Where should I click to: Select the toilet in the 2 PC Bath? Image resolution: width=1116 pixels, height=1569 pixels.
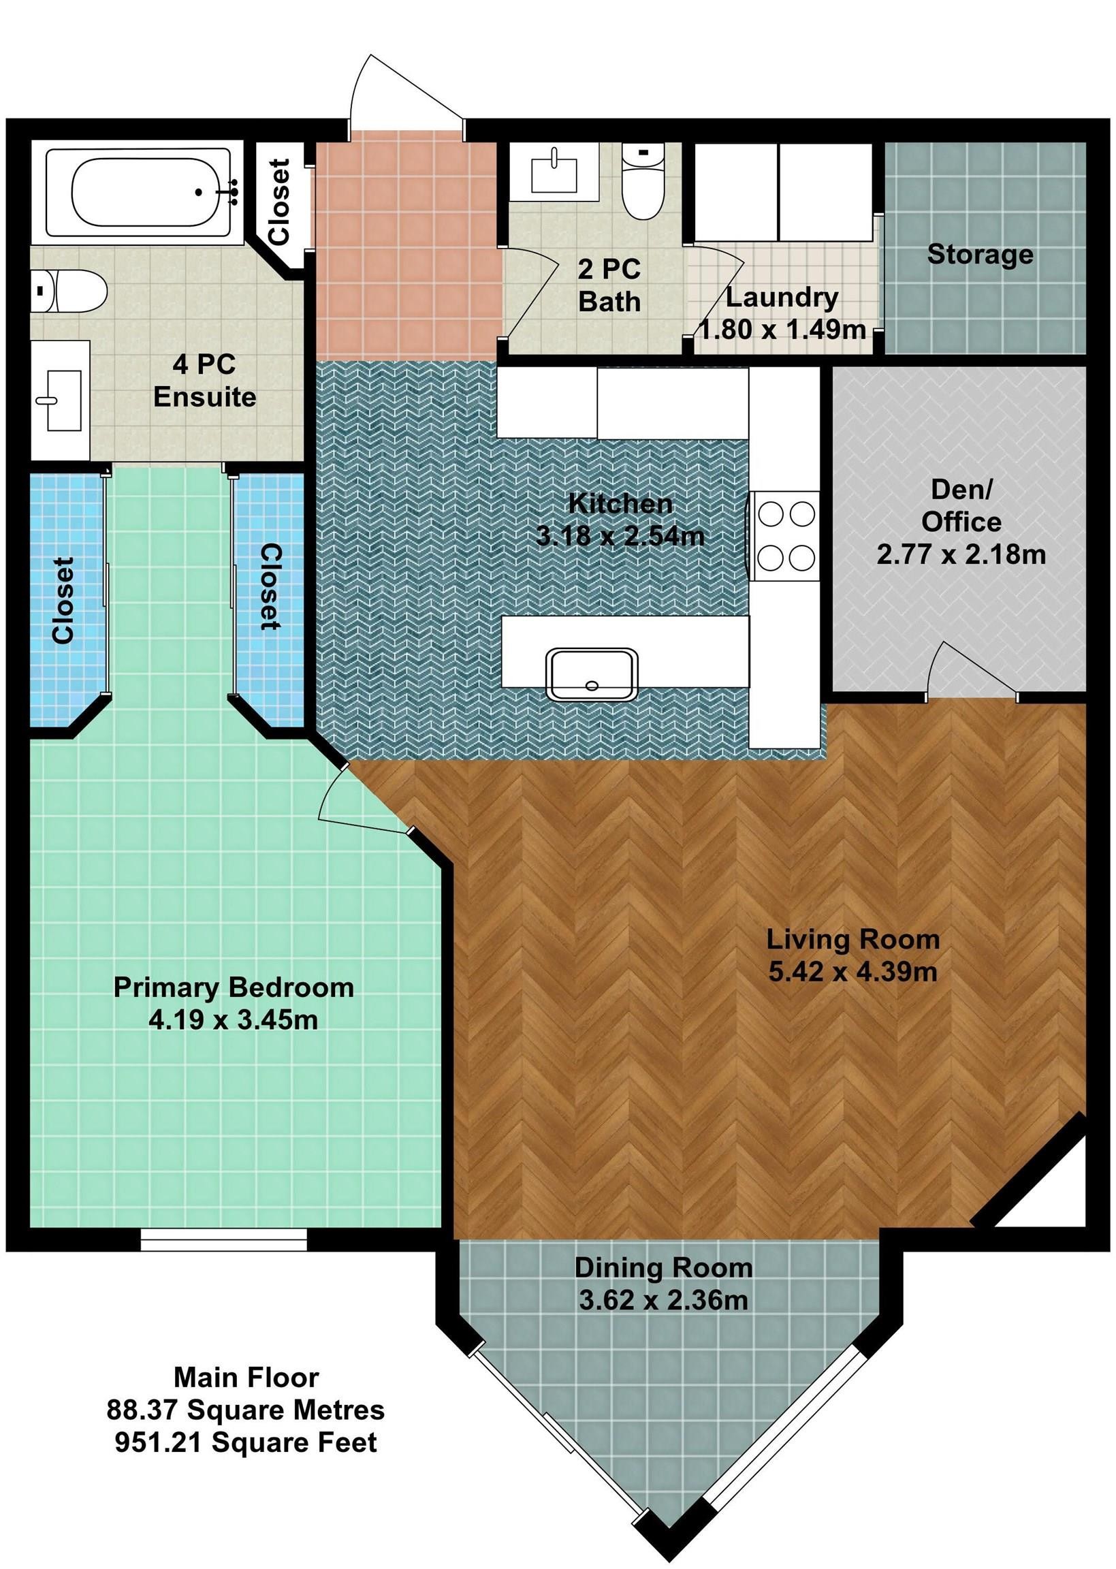tap(642, 180)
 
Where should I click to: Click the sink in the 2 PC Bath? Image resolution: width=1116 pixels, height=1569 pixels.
tap(554, 172)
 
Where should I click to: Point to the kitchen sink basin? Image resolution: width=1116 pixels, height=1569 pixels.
tap(592, 673)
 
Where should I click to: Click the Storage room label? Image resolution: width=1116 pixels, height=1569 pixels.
tap(980, 254)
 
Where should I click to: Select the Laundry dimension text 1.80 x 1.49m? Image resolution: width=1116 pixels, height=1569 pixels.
tap(783, 330)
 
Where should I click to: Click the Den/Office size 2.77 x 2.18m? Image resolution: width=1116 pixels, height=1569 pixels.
tap(961, 554)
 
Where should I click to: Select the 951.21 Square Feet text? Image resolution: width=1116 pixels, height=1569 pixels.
tap(246, 1442)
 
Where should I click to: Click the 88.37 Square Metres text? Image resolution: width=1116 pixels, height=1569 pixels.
tap(245, 1410)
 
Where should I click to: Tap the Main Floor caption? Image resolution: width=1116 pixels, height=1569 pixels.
tap(246, 1378)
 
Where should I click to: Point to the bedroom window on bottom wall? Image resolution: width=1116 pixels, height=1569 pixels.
tap(223, 1239)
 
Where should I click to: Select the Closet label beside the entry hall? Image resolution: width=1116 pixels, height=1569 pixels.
tap(280, 202)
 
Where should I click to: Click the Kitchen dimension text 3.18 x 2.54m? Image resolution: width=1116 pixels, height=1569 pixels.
tap(620, 536)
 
